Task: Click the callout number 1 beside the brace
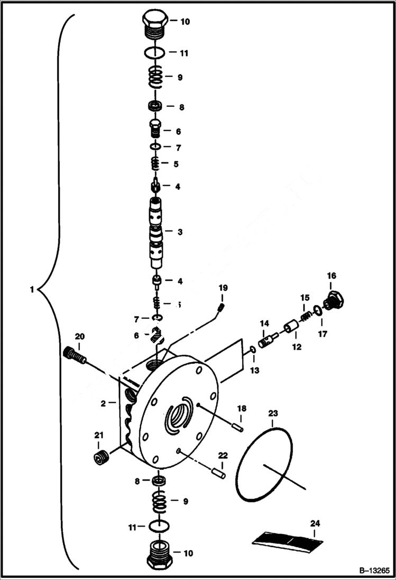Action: [32, 289]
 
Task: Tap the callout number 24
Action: [315, 523]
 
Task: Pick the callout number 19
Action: [223, 288]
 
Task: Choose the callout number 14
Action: [264, 323]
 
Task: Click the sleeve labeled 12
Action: [292, 333]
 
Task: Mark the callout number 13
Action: [255, 371]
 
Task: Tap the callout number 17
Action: [323, 334]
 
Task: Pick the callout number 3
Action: [180, 232]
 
